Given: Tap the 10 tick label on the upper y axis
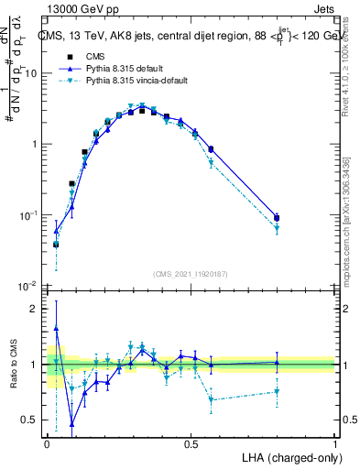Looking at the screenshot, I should [x=31, y=73].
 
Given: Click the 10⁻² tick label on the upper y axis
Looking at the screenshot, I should [x=28, y=286].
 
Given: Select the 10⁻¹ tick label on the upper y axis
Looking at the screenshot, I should [x=28, y=215].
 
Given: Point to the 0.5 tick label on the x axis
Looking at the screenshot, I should [x=191, y=443].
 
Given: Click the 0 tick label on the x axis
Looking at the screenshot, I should [x=47, y=443].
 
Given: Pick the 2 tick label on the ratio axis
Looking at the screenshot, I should [x=36, y=309].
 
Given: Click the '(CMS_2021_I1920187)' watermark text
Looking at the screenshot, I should [x=190, y=274].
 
